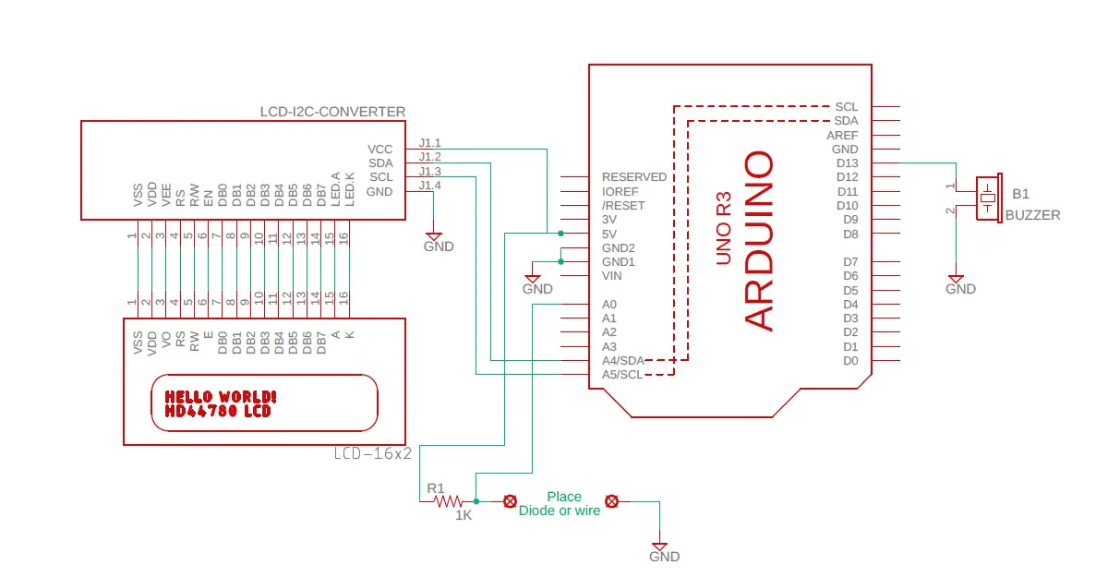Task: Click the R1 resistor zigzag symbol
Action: (x=448, y=501)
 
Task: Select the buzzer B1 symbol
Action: (x=989, y=198)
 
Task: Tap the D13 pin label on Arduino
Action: (x=848, y=163)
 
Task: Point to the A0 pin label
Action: (x=609, y=305)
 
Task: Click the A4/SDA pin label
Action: (x=623, y=361)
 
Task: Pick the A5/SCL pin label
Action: (x=622, y=375)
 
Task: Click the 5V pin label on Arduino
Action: (x=609, y=234)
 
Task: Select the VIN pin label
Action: (x=611, y=276)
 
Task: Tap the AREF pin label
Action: (x=842, y=136)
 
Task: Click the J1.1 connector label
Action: (x=430, y=143)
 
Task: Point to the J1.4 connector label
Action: (x=430, y=186)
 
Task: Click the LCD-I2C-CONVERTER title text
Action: (x=332, y=112)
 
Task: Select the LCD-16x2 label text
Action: (x=372, y=454)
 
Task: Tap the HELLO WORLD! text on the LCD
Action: (x=221, y=397)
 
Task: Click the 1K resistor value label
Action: (x=464, y=515)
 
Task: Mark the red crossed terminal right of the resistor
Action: (x=511, y=501)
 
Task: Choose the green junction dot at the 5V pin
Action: (x=560, y=234)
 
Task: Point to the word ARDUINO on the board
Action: (x=759, y=240)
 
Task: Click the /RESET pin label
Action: (x=623, y=206)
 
